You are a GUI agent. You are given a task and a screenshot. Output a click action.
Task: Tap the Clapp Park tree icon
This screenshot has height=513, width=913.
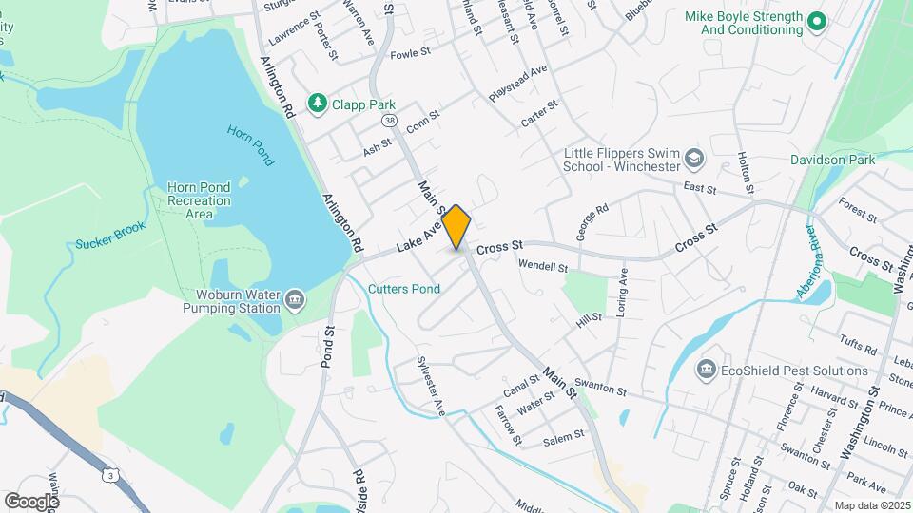click(x=316, y=103)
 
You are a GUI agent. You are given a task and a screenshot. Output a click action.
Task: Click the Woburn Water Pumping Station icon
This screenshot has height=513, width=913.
click(x=295, y=301)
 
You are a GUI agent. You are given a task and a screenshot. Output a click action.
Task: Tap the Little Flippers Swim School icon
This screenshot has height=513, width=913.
click(x=694, y=158)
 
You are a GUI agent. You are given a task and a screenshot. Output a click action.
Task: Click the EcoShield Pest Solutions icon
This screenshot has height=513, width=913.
click(x=706, y=370)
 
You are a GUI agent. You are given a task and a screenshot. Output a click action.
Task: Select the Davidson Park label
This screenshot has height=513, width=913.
click(x=832, y=160)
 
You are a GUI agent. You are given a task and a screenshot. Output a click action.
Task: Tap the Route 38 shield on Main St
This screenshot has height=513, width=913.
click(x=390, y=121)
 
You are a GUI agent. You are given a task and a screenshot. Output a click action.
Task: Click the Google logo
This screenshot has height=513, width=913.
click(x=31, y=501)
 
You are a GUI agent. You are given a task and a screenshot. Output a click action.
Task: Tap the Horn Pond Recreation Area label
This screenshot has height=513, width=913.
click(x=199, y=200)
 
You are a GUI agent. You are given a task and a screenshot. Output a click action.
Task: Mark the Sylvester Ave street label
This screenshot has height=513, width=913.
click(x=430, y=386)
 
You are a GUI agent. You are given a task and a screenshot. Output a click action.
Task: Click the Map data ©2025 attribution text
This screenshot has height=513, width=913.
click(x=872, y=505)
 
